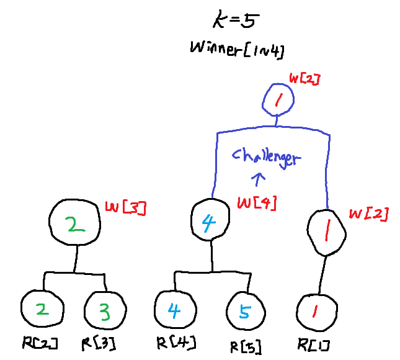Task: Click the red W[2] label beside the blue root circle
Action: [x=304, y=79]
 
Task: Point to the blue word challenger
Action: [x=266, y=157]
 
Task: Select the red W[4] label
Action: [x=257, y=202]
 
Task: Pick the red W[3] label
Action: [x=126, y=208]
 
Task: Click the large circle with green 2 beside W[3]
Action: [x=75, y=224]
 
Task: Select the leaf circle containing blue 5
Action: [x=244, y=311]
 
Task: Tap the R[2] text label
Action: [x=39, y=343]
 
